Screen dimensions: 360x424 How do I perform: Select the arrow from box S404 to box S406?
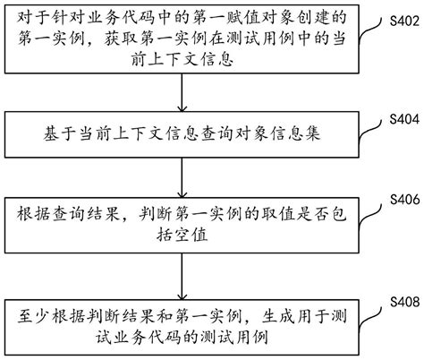click(182, 174)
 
